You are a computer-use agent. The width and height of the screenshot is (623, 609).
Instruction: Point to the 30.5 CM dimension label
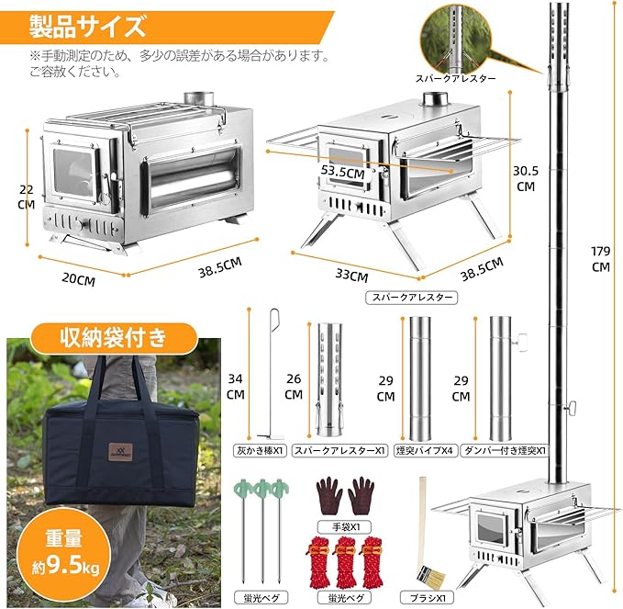(524, 176)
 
